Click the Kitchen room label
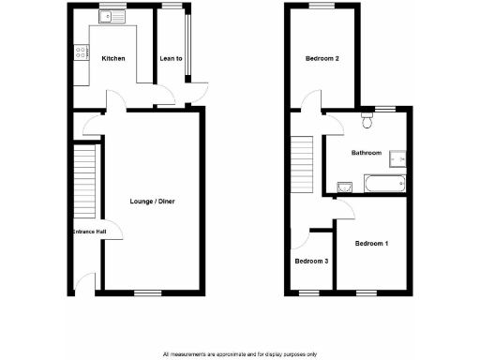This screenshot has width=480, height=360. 113,58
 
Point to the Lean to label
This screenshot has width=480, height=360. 172,58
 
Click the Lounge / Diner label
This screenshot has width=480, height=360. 152,202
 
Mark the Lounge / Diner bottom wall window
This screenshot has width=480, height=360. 146,292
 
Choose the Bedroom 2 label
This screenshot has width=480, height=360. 322,59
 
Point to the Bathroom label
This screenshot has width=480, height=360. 366,153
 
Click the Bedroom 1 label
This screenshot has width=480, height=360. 371,244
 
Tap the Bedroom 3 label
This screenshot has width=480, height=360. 311,262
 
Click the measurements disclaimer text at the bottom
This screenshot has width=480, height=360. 239,353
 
